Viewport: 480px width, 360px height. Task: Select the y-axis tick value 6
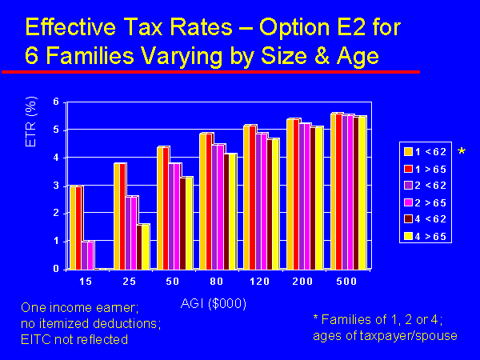[x=56, y=102]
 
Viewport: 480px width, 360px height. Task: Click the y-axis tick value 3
[x=56, y=186]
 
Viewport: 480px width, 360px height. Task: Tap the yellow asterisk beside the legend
[x=461, y=151]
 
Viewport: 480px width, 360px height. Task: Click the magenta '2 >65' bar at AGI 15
[x=90, y=254]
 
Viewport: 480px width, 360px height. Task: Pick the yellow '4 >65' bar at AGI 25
[x=146, y=246]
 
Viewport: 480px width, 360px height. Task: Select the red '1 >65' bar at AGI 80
[x=210, y=201]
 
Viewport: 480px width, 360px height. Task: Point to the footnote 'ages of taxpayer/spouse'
[x=385, y=335]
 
